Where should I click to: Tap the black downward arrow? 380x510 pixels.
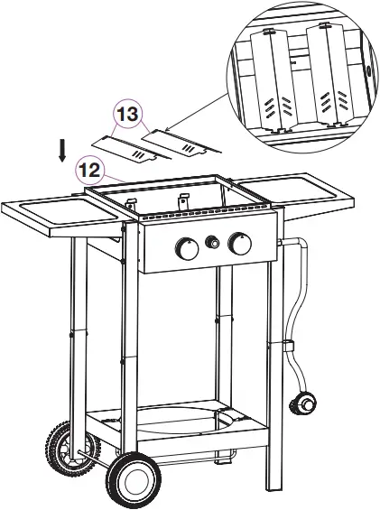tap(61, 150)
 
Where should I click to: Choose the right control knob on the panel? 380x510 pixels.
tap(240, 243)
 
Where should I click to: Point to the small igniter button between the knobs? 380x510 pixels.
tap(214, 242)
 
